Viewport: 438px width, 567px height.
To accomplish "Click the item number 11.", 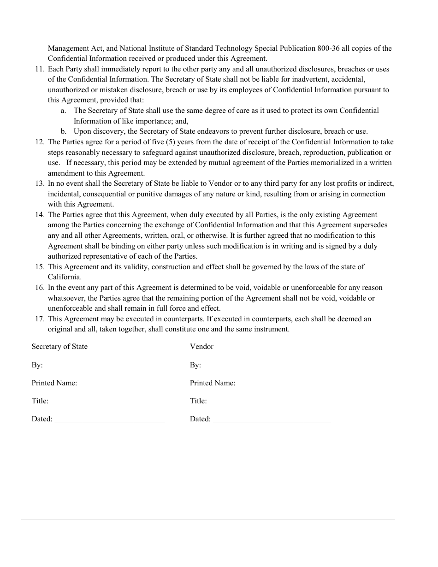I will pyautogui.click(x=39, y=69).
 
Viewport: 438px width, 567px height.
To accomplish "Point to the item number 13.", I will pyautogui.click(x=39, y=183).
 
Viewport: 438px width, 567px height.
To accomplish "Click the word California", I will pyautogui.click(x=65, y=277).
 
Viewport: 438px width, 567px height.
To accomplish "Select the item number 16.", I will pyautogui.click(x=39, y=288).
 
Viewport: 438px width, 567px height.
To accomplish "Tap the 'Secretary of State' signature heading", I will pyautogui.click(x=59, y=347).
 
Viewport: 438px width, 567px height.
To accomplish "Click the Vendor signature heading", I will pyautogui.click(x=201, y=347).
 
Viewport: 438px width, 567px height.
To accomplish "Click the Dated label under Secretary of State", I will pyautogui.click(x=41, y=419).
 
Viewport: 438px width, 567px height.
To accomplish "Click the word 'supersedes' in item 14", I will pyautogui.click(x=370, y=225).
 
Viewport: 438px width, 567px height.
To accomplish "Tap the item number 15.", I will pyautogui.click(x=39, y=267).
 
